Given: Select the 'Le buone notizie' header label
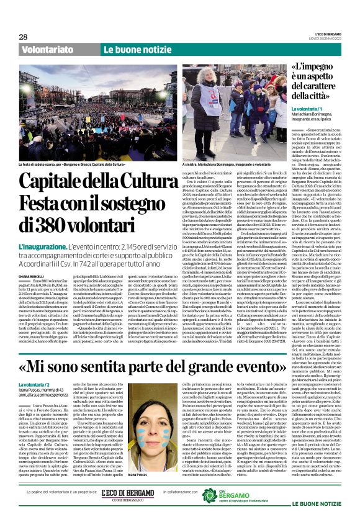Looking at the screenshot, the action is point(129,49).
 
